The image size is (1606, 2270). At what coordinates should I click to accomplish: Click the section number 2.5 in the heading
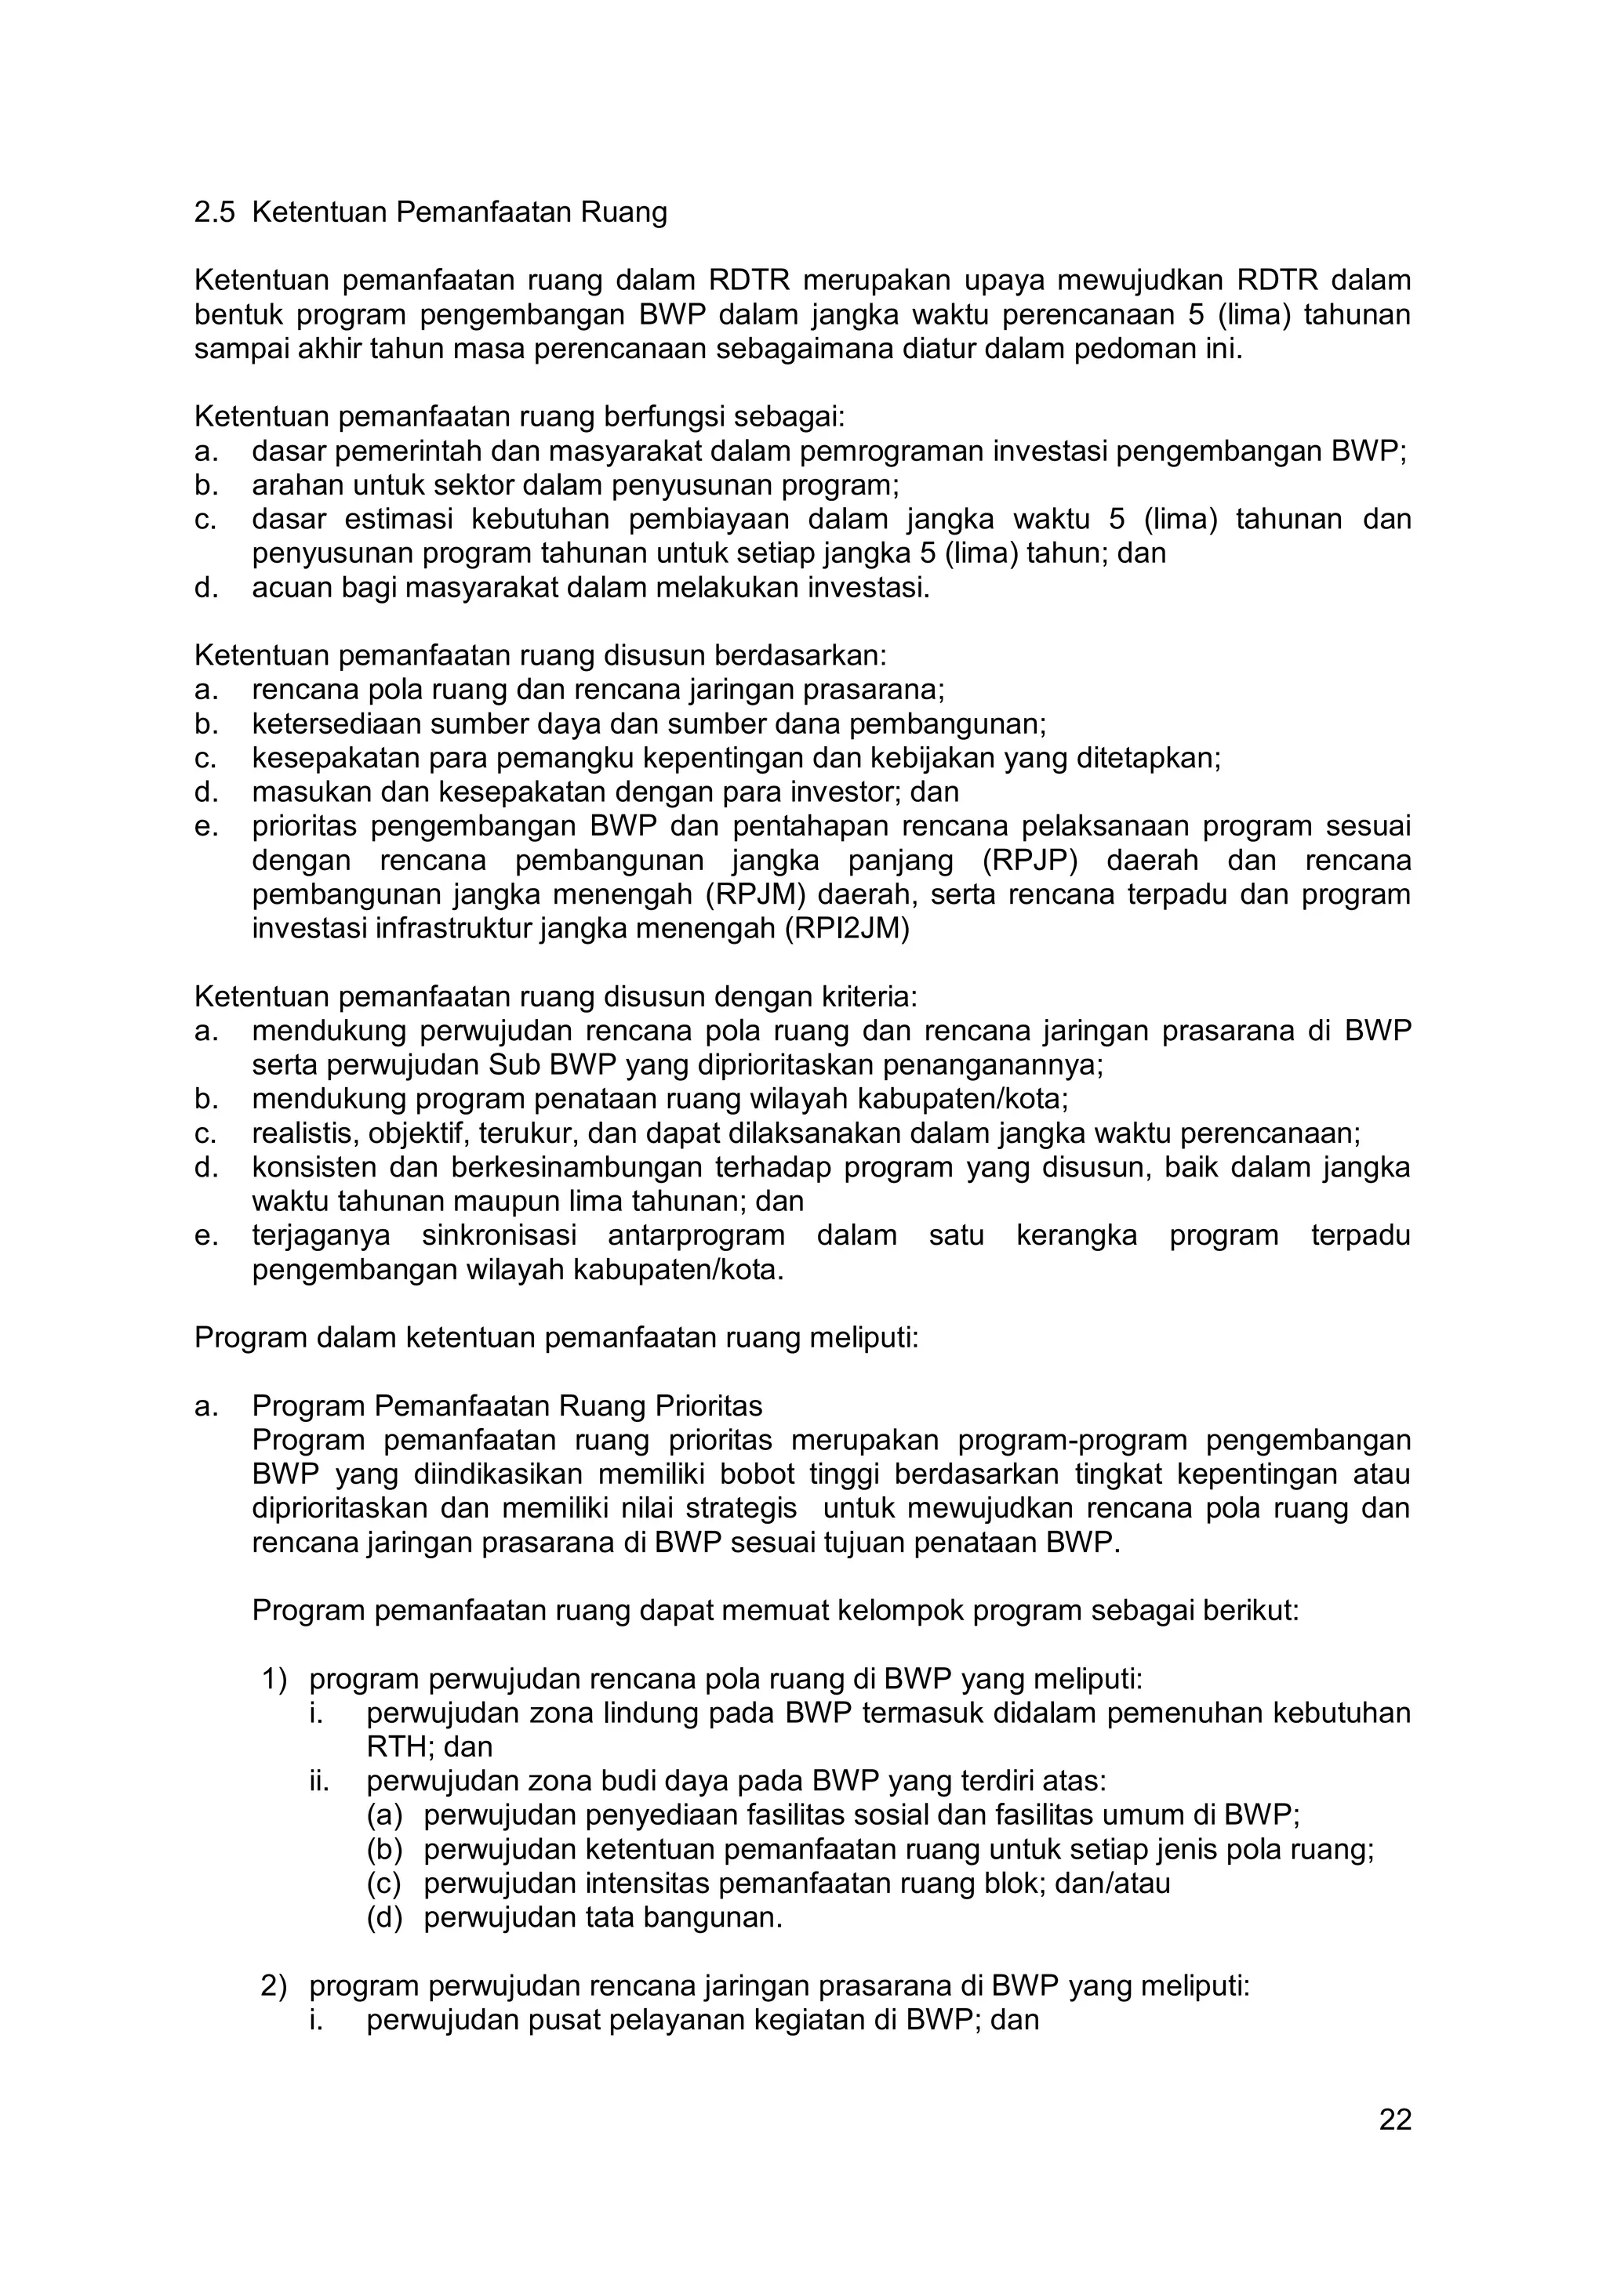point(215,212)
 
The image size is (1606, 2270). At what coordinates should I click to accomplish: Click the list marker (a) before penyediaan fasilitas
point(385,1815)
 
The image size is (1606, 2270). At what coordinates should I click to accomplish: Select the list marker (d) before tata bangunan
point(385,1918)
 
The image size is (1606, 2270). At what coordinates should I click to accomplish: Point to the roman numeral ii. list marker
point(318,1782)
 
